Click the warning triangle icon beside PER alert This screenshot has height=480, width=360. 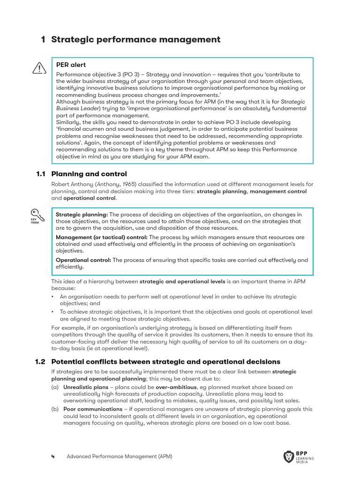[39, 68]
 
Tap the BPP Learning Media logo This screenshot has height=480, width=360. [299, 457]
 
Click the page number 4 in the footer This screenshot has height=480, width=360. [53, 457]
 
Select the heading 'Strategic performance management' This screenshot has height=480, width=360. [135, 39]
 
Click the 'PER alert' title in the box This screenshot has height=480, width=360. [71, 65]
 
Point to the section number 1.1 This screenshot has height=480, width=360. [40, 174]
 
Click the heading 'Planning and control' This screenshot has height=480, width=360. [89, 174]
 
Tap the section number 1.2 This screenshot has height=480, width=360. [40, 362]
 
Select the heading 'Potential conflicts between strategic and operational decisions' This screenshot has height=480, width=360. [165, 362]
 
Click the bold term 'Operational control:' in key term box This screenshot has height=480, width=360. [83, 260]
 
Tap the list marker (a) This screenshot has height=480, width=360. [55, 387]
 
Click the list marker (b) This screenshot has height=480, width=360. [55, 409]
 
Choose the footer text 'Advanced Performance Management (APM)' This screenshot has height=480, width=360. [119, 457]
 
